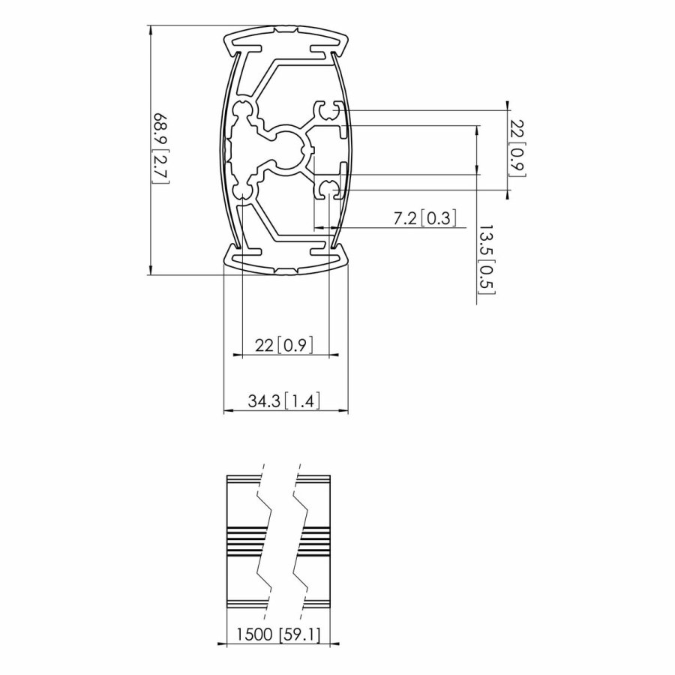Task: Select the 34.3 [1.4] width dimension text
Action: [x=284, y=401]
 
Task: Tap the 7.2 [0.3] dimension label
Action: [x=424, y=218]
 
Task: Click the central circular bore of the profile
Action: [x=286, y=149]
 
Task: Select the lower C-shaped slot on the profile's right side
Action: [x=328, y=189]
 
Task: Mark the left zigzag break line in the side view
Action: [x=263, y=540]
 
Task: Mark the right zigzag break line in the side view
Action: [x=300, y=540]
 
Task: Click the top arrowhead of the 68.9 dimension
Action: [x=151, y=30]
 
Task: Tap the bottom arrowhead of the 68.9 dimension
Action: [x=151, y=271]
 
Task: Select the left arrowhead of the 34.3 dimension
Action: [x=227, y=411]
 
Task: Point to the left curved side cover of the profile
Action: [x=225, y=150]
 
